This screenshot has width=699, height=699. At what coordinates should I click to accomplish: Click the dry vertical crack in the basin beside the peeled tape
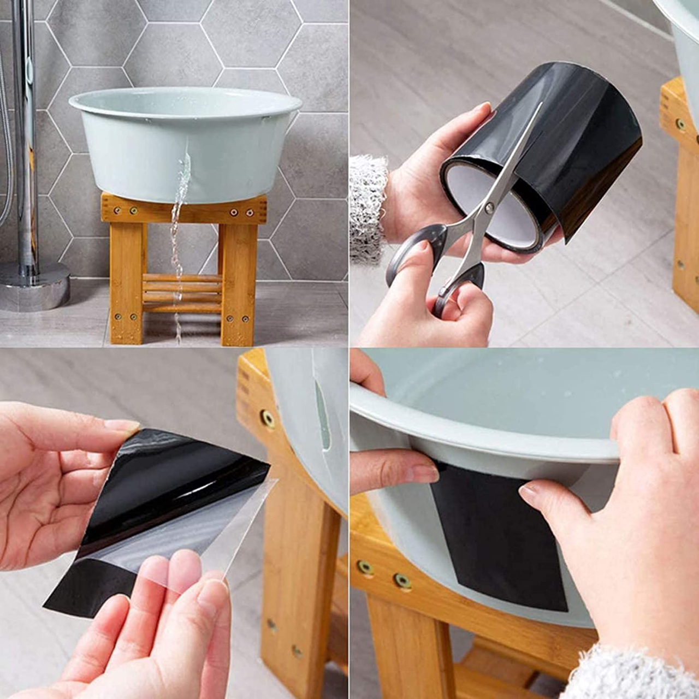coord(322,415)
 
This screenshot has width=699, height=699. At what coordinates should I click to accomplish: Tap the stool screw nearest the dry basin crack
coord(268,418)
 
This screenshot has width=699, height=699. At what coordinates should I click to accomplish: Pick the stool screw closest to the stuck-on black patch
coord(402,581)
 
